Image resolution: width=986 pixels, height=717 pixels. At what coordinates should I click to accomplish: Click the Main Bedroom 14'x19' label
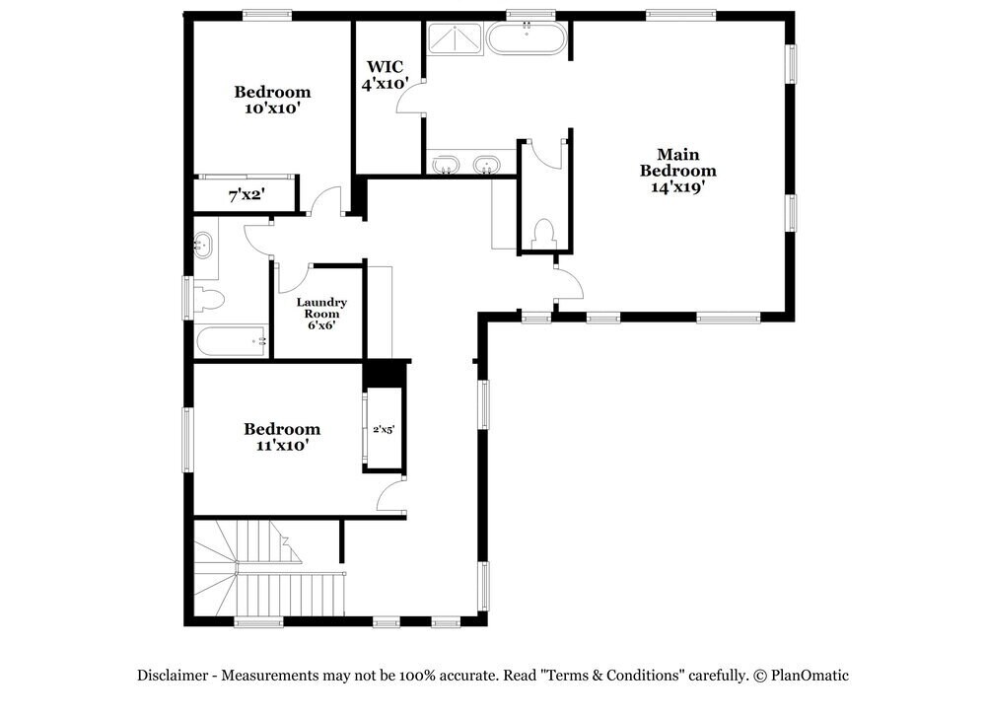click(x=677, y=171)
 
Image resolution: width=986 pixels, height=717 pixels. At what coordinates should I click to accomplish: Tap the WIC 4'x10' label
click(x=385, y=76)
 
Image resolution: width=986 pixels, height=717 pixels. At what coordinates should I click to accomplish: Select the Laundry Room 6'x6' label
click(x=321, y=313)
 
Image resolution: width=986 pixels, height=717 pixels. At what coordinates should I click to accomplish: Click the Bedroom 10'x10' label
click(x=272, y=100)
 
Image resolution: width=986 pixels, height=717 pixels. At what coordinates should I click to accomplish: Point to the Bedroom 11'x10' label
click(x=282, y=436)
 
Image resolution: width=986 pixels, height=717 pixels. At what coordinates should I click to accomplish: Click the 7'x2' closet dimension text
click(x=246, y=196)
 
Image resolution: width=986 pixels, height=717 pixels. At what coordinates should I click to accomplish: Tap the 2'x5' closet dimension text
click(x=384, y=430)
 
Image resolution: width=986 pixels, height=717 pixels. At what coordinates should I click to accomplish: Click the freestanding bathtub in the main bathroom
click(x=527, y=40)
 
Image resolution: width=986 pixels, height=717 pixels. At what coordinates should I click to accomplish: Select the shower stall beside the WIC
click(x=455, y=39)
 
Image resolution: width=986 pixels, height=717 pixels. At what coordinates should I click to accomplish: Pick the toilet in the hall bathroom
click(x=210, y=297)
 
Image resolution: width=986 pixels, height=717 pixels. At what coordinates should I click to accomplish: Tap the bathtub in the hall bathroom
click(x=233, y=342)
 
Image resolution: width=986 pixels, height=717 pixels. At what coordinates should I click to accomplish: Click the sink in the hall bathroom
click(x=204, y=244)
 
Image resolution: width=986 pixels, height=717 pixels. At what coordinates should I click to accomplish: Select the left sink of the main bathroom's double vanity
click(x=447, y=164)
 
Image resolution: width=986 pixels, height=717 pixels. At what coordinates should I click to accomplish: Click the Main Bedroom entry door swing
click(x=569, y=284)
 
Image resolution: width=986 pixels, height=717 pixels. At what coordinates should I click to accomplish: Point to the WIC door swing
click(x=412, y=100)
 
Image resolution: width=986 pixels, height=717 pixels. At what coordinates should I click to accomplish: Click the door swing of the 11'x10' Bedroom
click(x=391, y=496)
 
